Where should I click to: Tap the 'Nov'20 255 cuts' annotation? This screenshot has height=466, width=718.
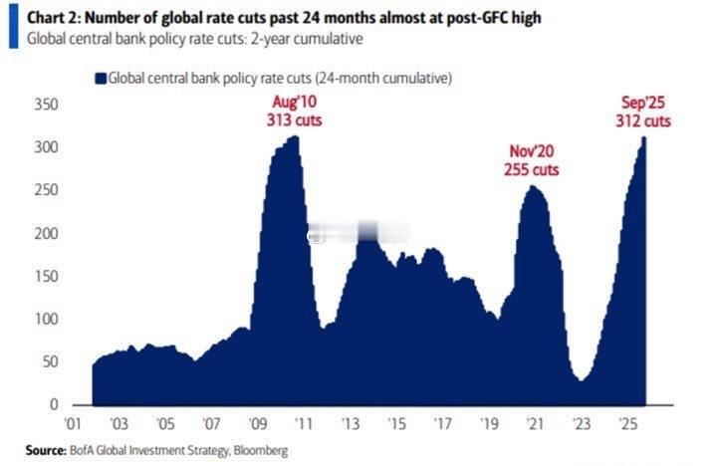tap(531, 161)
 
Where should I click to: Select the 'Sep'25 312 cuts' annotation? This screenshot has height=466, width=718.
tap(643, 112)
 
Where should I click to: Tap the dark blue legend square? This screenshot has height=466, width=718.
tap(100, 77)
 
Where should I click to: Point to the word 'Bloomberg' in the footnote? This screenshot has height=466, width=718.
tap(258, 451)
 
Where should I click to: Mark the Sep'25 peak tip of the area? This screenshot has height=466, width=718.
tap(644, 137)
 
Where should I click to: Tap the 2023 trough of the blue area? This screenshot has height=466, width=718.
tap(580, 379)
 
